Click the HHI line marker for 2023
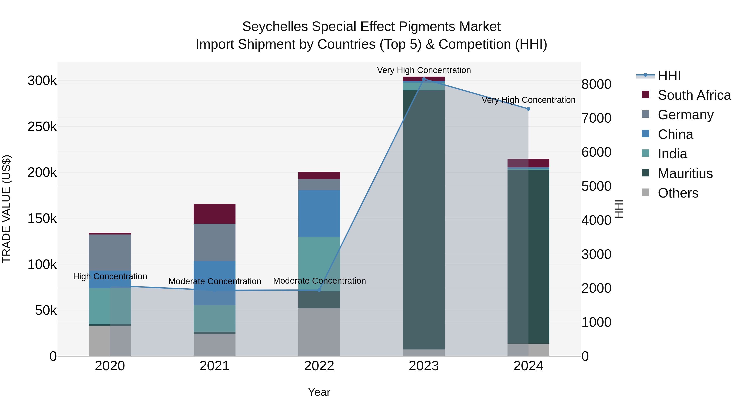click(x=424, y=79)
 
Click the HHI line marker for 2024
click(x=528, y=109)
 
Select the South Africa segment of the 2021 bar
click(x=214, y=214)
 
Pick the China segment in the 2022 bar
click(x=319, y=213)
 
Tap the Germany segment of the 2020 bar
click(x=110, y=252)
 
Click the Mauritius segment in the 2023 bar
click(x=424, y=219)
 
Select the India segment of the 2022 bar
click(x=319, y=264)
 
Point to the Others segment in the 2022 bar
click(x=319, y=332)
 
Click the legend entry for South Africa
click(x=694, y=95)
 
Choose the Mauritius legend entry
click(x=685, y=173)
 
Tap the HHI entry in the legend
click(x=669, y=76)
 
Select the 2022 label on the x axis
click(x=319, y=366)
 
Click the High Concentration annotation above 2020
click(x=110, y=276)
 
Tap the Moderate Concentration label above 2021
click(x=215, y=281)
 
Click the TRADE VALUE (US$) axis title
click(x=6, y=209)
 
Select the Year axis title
click(x=319, y=392)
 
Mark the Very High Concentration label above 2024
click(x=528, y=100)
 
